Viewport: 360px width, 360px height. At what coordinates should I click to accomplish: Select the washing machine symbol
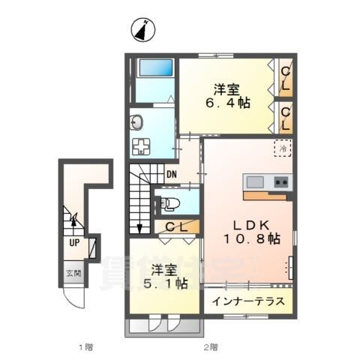pyautogui.click(x=141, y=147)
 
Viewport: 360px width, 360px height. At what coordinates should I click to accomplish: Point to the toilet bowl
pyautogui.click(x=168, y=202)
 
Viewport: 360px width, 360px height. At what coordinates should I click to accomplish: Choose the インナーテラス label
pyautogui.click(x=247, y=302)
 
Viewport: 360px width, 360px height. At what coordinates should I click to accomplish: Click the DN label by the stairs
pyautogui.click(x=172, y=177)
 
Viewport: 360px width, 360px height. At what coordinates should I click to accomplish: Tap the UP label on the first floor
pyautogui.click(x=75, y=243)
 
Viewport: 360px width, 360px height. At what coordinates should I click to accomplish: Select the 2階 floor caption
pyautogui.click(x=211, y=346)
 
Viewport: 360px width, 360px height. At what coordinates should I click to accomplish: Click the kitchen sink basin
pyautogui.click(x=253, y=182)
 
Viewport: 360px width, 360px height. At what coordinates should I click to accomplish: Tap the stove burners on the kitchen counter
pyautogui.click(x=281, y=182)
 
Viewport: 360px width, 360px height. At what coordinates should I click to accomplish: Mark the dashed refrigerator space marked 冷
pyautogui.click(x=283, y=148)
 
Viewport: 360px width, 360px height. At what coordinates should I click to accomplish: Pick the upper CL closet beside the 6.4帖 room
pyautogui.click(x=285, y=77)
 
